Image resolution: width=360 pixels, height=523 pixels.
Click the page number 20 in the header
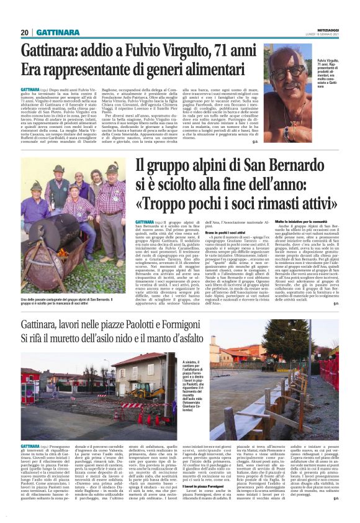pos(25,32)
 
